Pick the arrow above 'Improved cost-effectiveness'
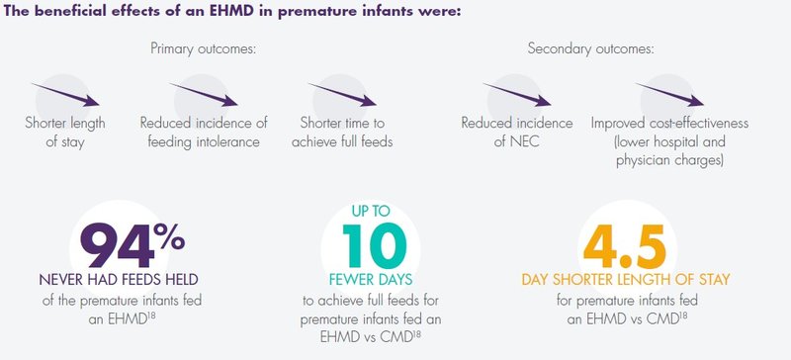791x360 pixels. click(x=669, y=95)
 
